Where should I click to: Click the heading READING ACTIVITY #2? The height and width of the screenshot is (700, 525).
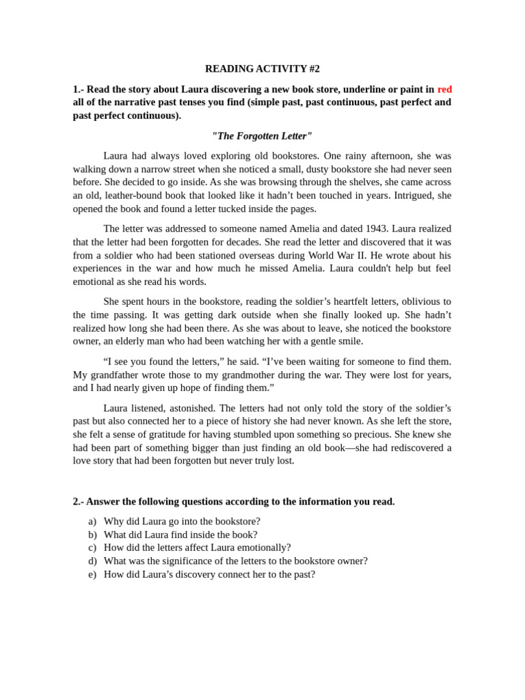pyautogui.click(x=262, y=69)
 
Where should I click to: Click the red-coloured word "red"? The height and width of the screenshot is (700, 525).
pyautogui.click(x=444, y=90)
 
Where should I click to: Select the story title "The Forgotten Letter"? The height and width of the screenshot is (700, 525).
pyautogui.click(x=262, y=136)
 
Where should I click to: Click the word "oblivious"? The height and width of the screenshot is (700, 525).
pyautogui.click(x=416, y=301)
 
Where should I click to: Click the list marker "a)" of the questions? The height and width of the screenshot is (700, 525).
pyautogui.click(x=92, y=522)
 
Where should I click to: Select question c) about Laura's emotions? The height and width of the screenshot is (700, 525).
pyautogui.click(x=197, y=548)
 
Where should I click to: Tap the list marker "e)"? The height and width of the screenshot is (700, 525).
pyautogui.click(x=92, y=574)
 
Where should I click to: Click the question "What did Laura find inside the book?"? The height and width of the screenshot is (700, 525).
pyautogui.click(x=180, y=535)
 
